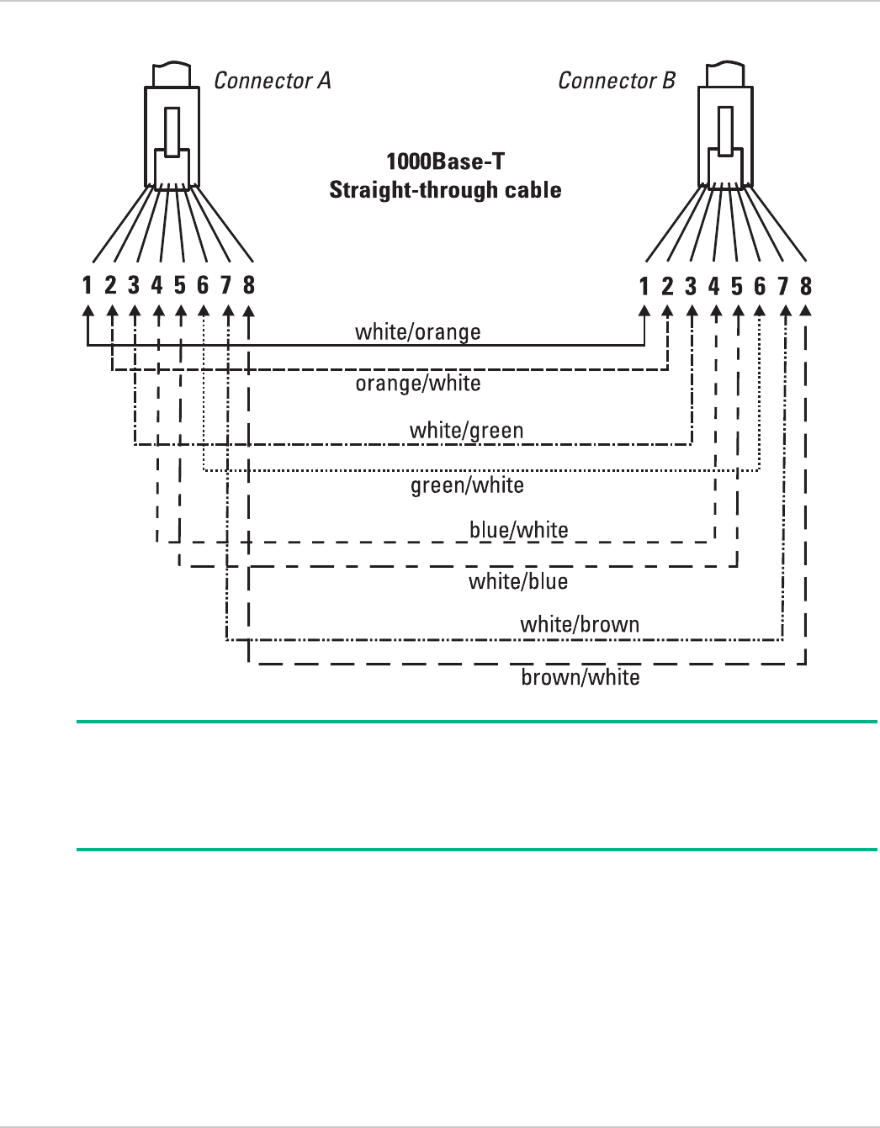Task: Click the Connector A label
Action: (272, 81)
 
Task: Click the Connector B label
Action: (617, 81)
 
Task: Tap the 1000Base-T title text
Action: (445, 162)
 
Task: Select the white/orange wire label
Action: (417, 331)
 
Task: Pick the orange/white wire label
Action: (417, 384)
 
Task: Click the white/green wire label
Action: (466, 431)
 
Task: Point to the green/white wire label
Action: (467, 485)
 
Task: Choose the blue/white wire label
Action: (518, 530)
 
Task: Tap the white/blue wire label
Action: (518, 581)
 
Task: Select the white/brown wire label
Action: (580, 624)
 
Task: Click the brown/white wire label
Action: (580, 677)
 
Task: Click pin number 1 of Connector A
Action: (87, 285)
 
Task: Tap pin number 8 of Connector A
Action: (249, 285)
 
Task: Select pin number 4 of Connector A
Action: (156, 285)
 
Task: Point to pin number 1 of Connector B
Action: (644, 286)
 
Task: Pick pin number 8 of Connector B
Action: (806, 286)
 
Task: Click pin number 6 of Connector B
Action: (760, 286)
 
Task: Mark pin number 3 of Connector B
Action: (691, 286)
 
